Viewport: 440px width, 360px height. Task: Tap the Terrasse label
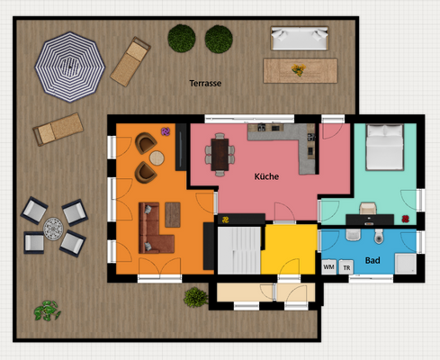[205, 83]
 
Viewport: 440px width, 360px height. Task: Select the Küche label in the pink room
[266, 176]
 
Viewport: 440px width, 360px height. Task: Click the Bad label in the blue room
[373, 262]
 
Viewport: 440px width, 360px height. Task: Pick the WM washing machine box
[328, 267]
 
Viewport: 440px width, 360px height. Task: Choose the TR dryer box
[346, 267]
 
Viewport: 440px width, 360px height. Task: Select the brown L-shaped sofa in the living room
[152, 229]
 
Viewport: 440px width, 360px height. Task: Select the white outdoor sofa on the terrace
[300, 38]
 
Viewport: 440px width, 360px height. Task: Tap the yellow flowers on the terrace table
[297, 67]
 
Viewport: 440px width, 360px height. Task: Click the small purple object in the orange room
[165, 132]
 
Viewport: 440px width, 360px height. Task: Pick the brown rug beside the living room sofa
[171, 214]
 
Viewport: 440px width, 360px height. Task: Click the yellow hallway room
[290, 247]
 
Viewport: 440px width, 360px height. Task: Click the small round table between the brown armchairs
[157, 158]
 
